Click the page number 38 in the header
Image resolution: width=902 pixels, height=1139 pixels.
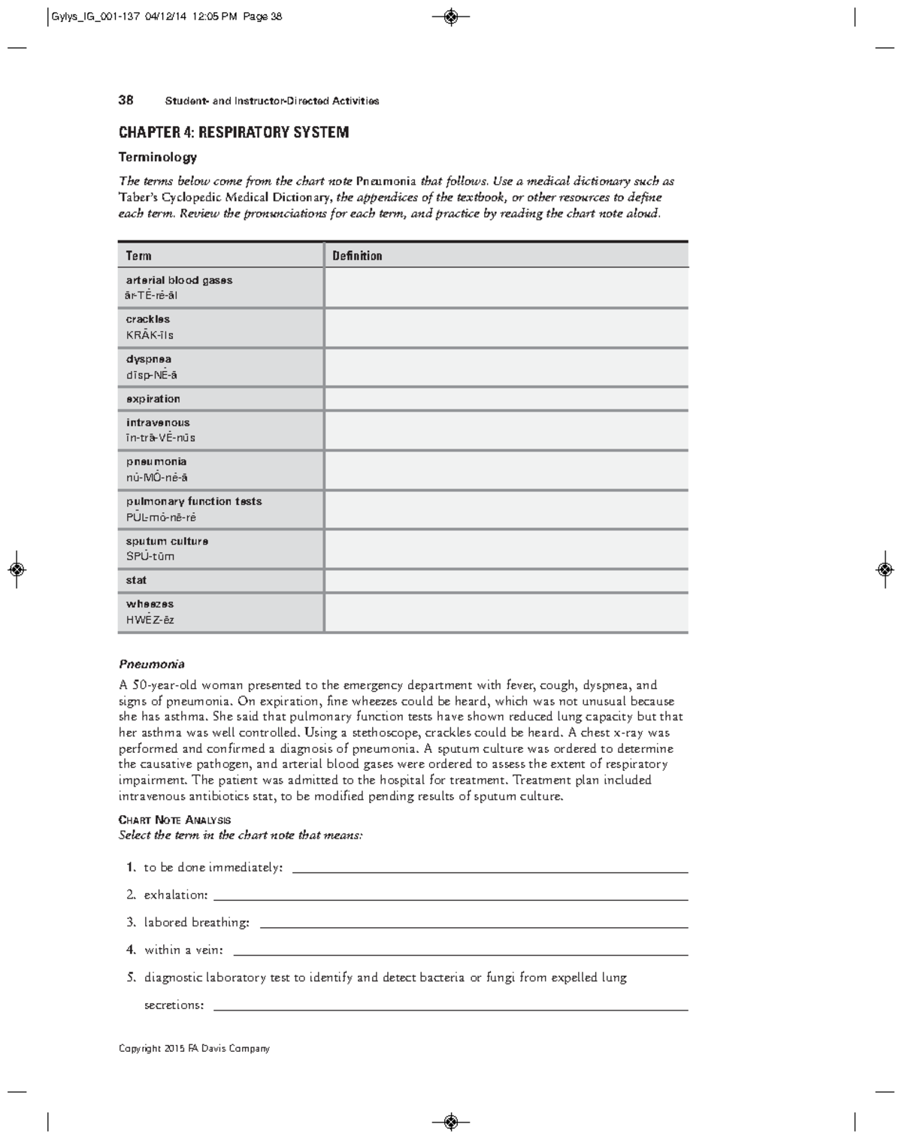[126, 100]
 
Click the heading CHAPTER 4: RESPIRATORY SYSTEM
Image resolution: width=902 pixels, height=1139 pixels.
[234, 133]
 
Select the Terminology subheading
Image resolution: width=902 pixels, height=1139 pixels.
[158, 157]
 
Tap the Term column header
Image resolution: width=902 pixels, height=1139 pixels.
[138, 255]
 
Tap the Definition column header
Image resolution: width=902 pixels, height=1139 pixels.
[357, 255]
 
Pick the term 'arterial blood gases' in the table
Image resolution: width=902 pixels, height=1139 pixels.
[179, 280]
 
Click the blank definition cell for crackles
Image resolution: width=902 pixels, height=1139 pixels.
[506, 328]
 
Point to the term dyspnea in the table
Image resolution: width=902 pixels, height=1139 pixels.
[148, 359]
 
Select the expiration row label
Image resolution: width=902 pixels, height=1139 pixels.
[153, 399]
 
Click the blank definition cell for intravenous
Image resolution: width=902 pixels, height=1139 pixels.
[506, 431]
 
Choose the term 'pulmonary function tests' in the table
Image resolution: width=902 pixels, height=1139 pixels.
[194, 501]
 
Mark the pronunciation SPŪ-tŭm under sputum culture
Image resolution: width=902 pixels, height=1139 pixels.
[150, 557]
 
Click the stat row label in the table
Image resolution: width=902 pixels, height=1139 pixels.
[136, 580]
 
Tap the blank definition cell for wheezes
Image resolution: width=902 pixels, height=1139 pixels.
[506, 612]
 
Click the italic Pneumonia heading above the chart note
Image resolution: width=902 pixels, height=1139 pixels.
[151, 664]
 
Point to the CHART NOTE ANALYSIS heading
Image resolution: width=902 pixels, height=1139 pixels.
[174, 820]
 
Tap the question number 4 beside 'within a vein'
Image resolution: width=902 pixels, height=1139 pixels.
[130, 950]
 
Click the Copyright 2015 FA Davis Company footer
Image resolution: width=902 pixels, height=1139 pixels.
[194, 1048]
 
